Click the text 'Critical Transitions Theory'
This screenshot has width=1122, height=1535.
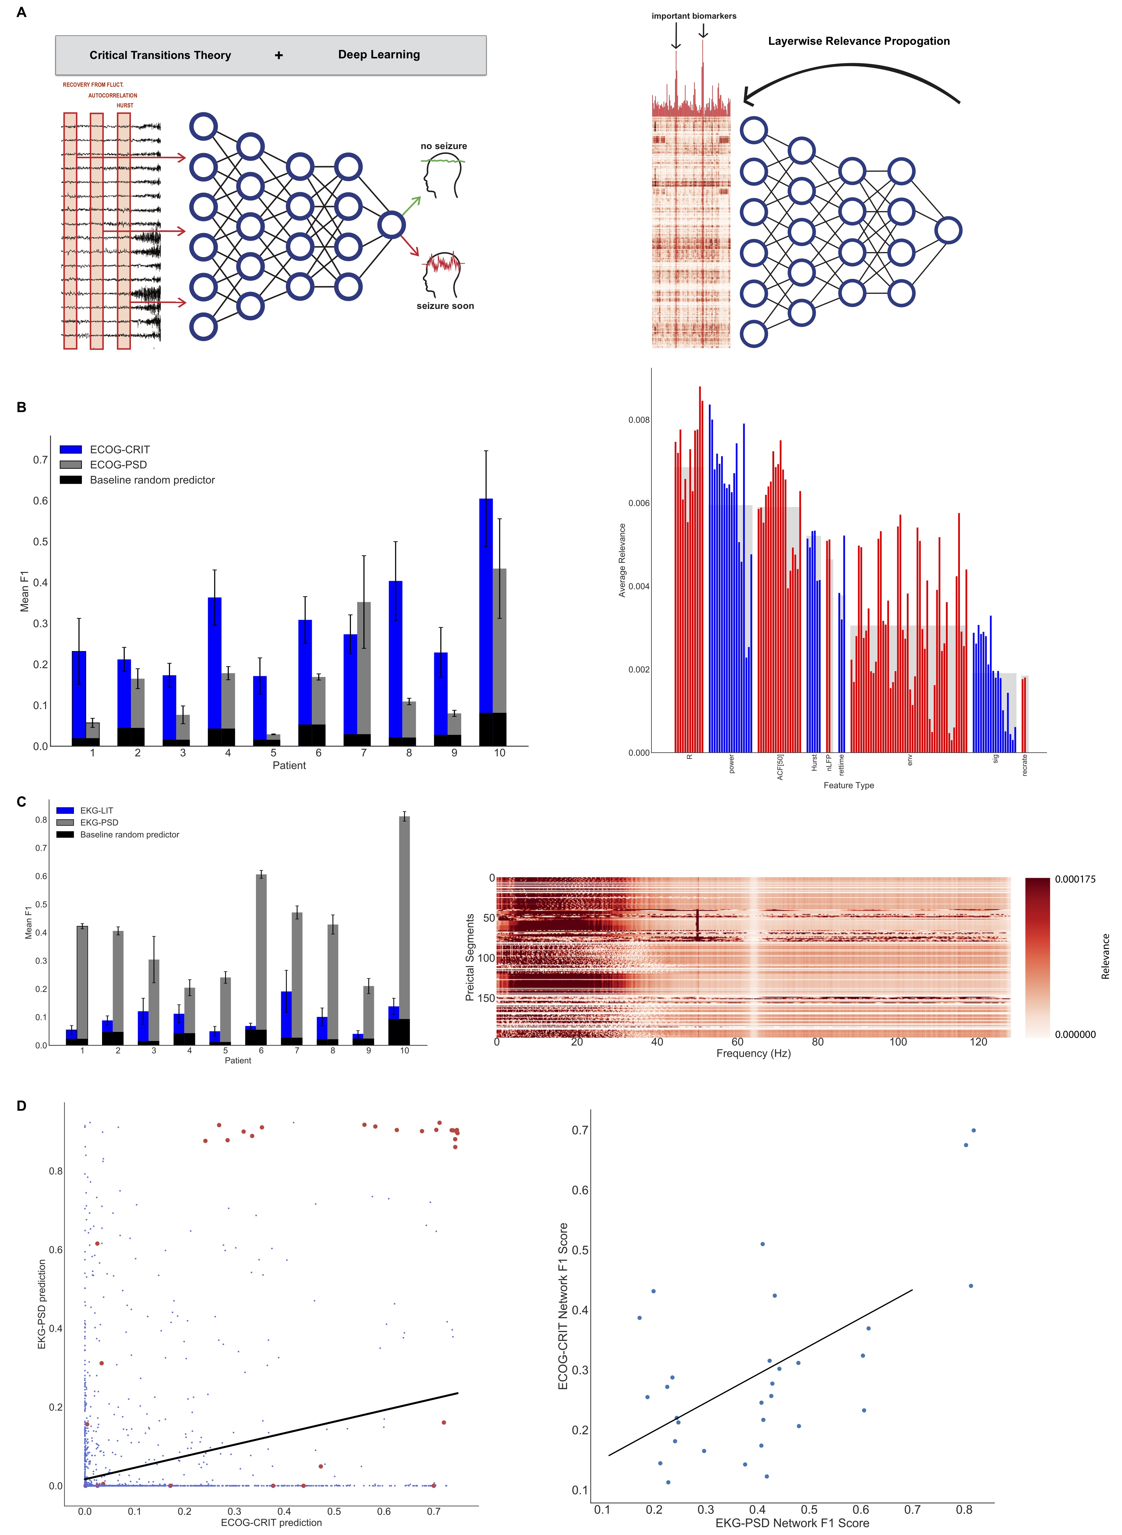(x=160, y=55)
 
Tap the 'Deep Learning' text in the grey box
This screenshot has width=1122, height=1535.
(x=379, y=54)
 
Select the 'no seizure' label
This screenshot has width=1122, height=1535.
(x=444, y=146)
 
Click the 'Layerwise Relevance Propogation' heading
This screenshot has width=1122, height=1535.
(x=858, y=41)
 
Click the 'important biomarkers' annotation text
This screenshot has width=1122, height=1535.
(x=693, y=16)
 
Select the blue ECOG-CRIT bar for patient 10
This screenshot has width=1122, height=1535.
(x=486, y=604)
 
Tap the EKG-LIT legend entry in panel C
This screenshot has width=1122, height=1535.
(x=96, y=810)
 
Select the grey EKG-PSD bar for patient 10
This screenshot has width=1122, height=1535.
(x=404, y=917)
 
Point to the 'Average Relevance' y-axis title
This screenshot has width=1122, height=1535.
(x=621, y=560)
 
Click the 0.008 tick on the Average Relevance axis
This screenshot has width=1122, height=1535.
(x=638, y=419)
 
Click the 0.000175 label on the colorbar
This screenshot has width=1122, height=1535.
(x=1074, y=879)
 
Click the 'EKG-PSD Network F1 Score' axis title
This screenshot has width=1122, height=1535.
(x=792, y=1523)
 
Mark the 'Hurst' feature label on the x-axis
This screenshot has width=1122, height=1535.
(x=814, y=762)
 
